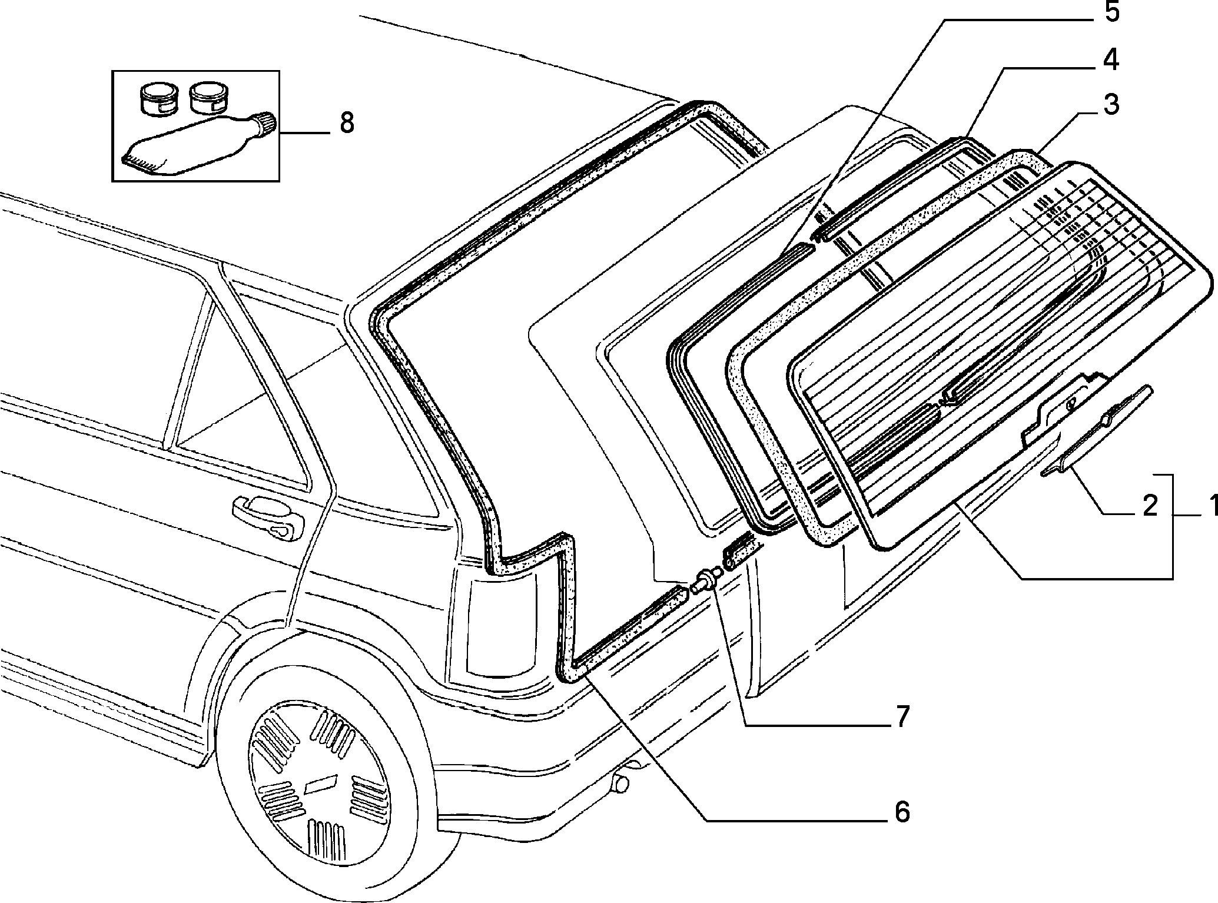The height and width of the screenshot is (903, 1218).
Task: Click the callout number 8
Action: tap(347, 123)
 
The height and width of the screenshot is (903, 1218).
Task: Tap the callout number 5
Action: tap(1110, 12)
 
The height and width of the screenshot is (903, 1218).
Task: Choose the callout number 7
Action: tap(902, 716)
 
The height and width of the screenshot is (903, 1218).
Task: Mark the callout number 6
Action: tap(901, 812)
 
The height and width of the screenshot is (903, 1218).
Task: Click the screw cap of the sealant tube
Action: tap(265, 124)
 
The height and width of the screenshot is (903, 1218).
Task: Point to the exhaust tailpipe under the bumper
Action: tap(622, 782)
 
